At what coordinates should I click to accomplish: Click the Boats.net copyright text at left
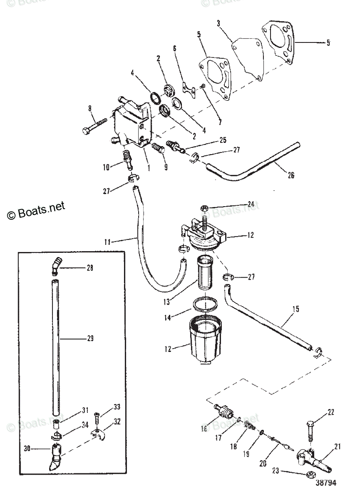tap(36, 210)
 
